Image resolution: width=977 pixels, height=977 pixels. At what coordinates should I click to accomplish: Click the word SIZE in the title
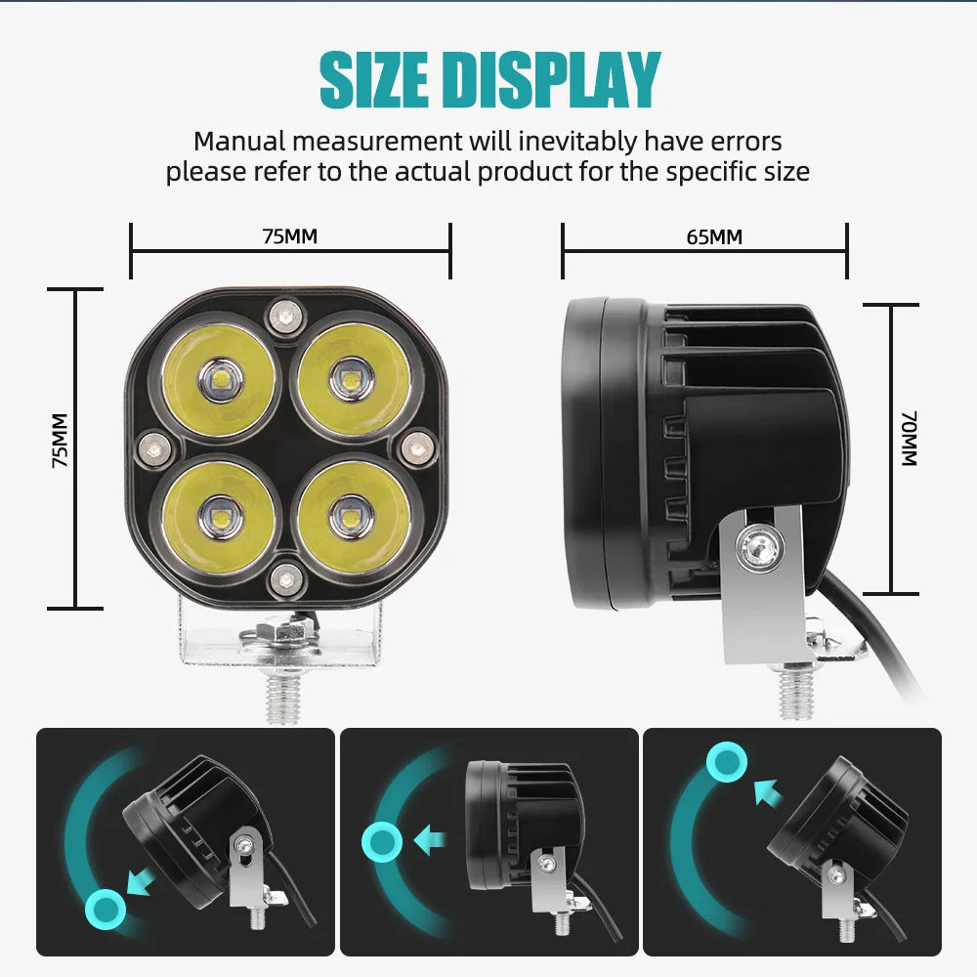coord(374,80)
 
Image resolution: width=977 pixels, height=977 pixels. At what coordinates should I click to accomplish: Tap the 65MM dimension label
coord(714,237)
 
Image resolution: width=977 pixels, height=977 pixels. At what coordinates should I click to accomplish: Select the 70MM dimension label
coord(909,439)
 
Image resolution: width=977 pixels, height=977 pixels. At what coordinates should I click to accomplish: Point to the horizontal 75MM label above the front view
coord(290,236)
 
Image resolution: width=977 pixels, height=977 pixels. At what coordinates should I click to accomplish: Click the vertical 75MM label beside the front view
coord(60,441)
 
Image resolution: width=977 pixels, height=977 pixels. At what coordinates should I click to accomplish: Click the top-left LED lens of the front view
coord(219,379)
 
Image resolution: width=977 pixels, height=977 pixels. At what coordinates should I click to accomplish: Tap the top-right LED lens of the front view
coord(354,378)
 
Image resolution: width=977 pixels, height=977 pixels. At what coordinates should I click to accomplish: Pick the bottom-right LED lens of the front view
coord(354,517)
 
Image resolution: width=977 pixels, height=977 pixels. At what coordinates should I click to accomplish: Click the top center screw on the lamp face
coord(286,318)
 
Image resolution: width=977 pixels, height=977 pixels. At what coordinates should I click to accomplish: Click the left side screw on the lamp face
coord(154,448)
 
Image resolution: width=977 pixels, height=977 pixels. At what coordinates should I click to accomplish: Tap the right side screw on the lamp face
coord(417,446)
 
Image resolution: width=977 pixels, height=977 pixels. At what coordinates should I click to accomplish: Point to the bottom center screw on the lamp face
coord(286,580)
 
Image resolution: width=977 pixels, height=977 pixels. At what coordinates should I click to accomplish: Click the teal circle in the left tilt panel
coord(106,909)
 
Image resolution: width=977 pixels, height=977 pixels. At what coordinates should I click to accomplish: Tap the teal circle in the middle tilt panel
coord(382,842)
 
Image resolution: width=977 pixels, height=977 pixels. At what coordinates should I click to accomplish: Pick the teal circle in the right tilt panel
coord(727,762)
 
